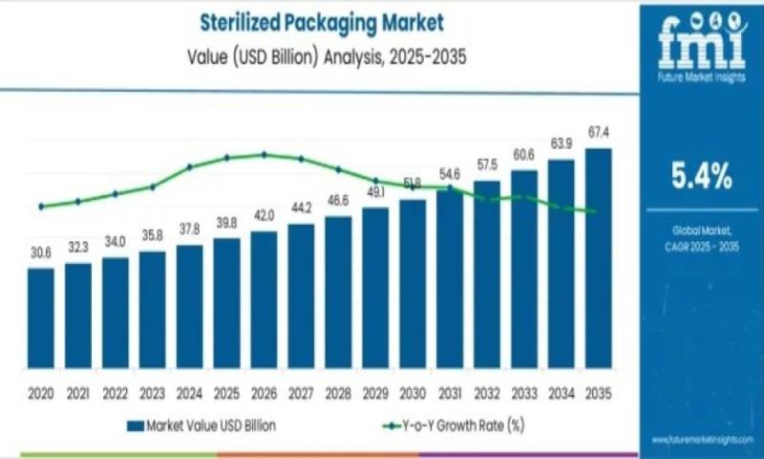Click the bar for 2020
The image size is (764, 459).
point(41,317)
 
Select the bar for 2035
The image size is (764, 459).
point(598,257)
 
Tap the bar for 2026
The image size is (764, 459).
point(264,298)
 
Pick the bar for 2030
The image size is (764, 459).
point(413,282)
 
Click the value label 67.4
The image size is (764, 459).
point(599,131)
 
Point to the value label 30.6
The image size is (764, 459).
point(41,252)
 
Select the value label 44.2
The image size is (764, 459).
point(301,208)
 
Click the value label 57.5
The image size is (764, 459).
point(487,164)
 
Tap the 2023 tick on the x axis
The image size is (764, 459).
point(152,392)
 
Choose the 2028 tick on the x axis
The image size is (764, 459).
point(338,392)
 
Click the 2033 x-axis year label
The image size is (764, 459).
point(524,392)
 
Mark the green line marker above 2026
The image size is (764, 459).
point(264,154)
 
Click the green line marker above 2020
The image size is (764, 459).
point(41,206)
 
